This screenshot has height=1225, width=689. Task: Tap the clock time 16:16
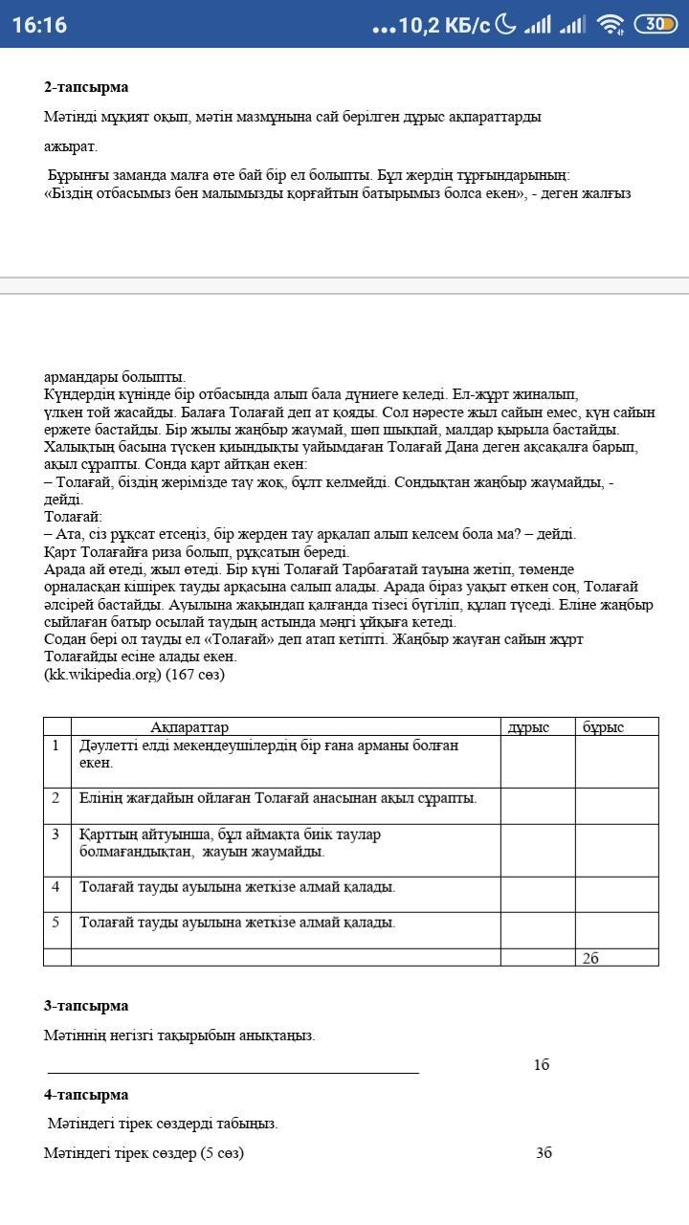[x=39, y=25]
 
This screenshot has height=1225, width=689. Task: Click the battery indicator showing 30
[x=656, y=25]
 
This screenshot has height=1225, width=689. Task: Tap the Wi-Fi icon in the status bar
[x=610, y=25]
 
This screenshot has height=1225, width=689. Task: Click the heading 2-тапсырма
[x=86, y=87]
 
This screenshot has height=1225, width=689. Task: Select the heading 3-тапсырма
[x=86, y=1006]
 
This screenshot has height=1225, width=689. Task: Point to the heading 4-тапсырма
[x=86, y=1095]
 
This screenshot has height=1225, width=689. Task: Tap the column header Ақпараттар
[x=189, y=727]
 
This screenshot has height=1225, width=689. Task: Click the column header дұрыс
[x=528, y=727]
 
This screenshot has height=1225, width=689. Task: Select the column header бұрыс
[x=604, y=727]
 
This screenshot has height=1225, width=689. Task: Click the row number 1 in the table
[x=56, y=746]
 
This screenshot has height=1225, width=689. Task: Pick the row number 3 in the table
[x=56, y=835]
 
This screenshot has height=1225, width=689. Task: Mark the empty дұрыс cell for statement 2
[x=537, y=806]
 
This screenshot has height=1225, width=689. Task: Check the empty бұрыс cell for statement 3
[x=616, y=850]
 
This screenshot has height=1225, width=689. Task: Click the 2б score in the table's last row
[x=590, y=958]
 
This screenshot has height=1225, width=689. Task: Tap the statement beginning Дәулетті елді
[x=268, y=754]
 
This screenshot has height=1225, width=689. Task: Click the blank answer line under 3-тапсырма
[x=233, y=1072]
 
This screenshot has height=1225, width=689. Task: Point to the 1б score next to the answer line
[x=542, y=1065]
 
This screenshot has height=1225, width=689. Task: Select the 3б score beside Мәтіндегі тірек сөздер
[x=544, y=1153]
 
